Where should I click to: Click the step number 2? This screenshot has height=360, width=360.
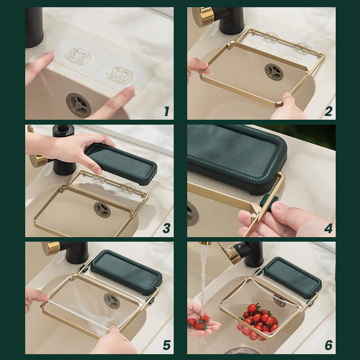click(x=328, y=111)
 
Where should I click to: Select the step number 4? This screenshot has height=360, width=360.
click(x=328, y=228)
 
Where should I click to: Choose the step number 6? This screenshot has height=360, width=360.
click(x=328, y=345)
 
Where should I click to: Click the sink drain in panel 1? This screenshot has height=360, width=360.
click(x=78, y=104)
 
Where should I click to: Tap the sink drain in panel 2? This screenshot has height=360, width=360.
click(x=274, y=72)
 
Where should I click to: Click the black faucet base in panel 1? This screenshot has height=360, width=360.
click(x=34, y=27)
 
